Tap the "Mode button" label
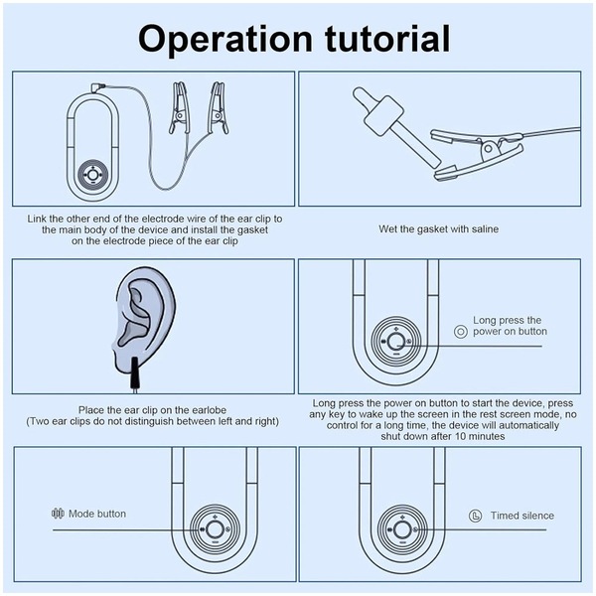click(97, 514)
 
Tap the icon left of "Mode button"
click(57, 514)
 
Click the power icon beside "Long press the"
click(459, 332)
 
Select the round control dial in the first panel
click(92, 173)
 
